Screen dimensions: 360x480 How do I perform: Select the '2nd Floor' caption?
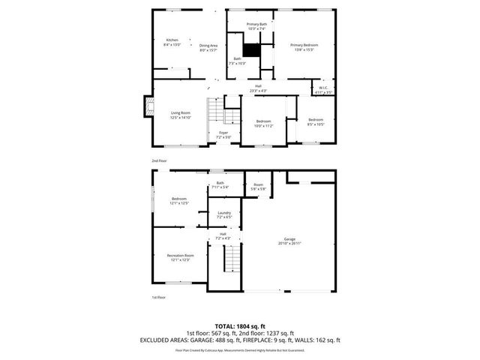[158, 161]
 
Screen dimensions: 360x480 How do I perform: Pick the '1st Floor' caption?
[158, 298]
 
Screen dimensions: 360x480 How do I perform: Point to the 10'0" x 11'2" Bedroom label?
[263, 124]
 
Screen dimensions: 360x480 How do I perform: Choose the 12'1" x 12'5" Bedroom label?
[178, 200]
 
